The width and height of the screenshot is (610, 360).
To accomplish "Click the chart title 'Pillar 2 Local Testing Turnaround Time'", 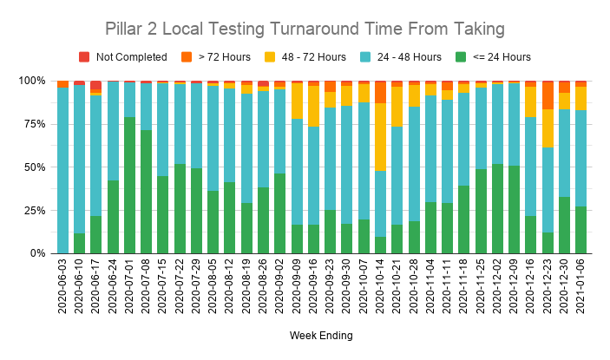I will [305, 29].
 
